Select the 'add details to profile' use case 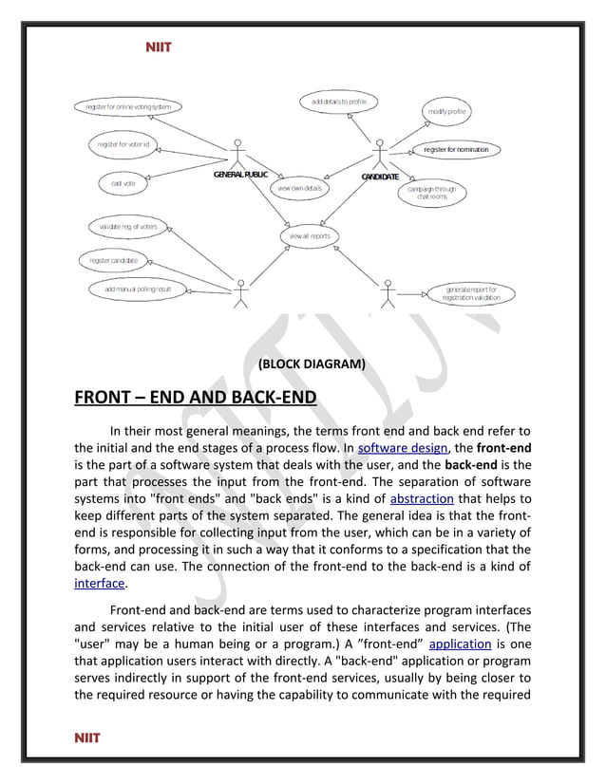click(339, 101)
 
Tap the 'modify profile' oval click(446, 112)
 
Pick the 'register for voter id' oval click(123, 144)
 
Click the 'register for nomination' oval click(456, 150)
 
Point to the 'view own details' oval click(299, 188)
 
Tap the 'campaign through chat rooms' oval click(432, 193)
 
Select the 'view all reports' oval click(310, 235)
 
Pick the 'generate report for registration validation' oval click(471, 293)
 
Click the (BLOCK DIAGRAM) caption click(311, 364)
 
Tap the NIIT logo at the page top click(158, 46)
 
